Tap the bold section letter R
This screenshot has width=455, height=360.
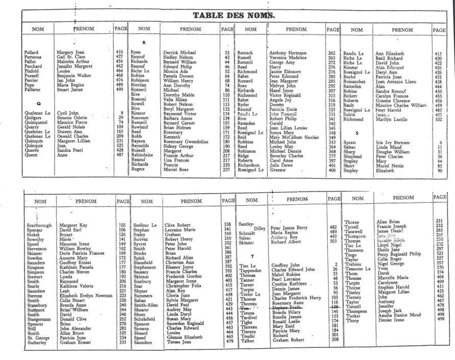click(x=144, y=42)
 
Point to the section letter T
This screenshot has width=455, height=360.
click(x=252, y=255)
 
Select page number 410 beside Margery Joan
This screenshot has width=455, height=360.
click(x=119, y=53)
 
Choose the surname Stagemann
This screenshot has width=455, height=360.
click(x=40, y=319)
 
